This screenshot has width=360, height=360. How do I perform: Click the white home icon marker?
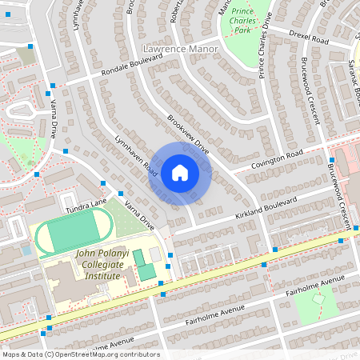[180, 172]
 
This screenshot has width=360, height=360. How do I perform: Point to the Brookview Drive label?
[188, 134]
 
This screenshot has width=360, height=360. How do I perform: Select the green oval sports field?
[72, 234]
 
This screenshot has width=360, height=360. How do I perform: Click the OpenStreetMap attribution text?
[81, 354]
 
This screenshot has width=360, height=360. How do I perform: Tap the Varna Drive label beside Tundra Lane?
[137, 212]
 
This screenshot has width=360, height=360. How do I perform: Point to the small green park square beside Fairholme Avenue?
[319, 305]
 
